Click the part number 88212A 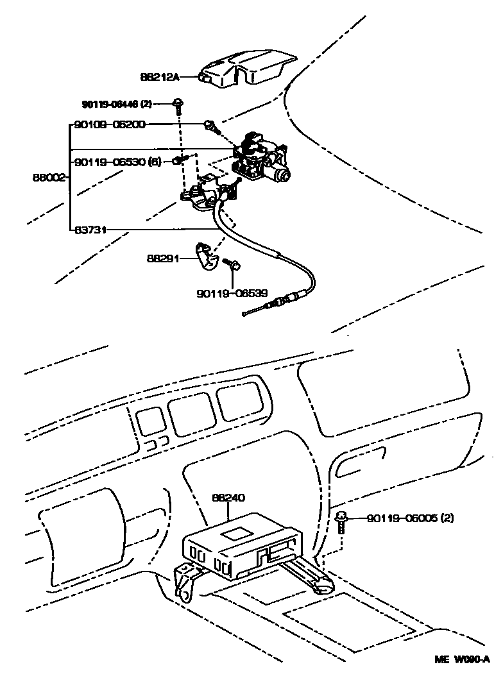click(159, 77)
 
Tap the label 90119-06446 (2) click(117, 104)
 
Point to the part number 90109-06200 click(110, 124)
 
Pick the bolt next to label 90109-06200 click(210, 124)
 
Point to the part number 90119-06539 click(232, 292)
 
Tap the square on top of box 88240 click(239, 529)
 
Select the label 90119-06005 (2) click(410, 518)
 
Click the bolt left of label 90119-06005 click(343, 518)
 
